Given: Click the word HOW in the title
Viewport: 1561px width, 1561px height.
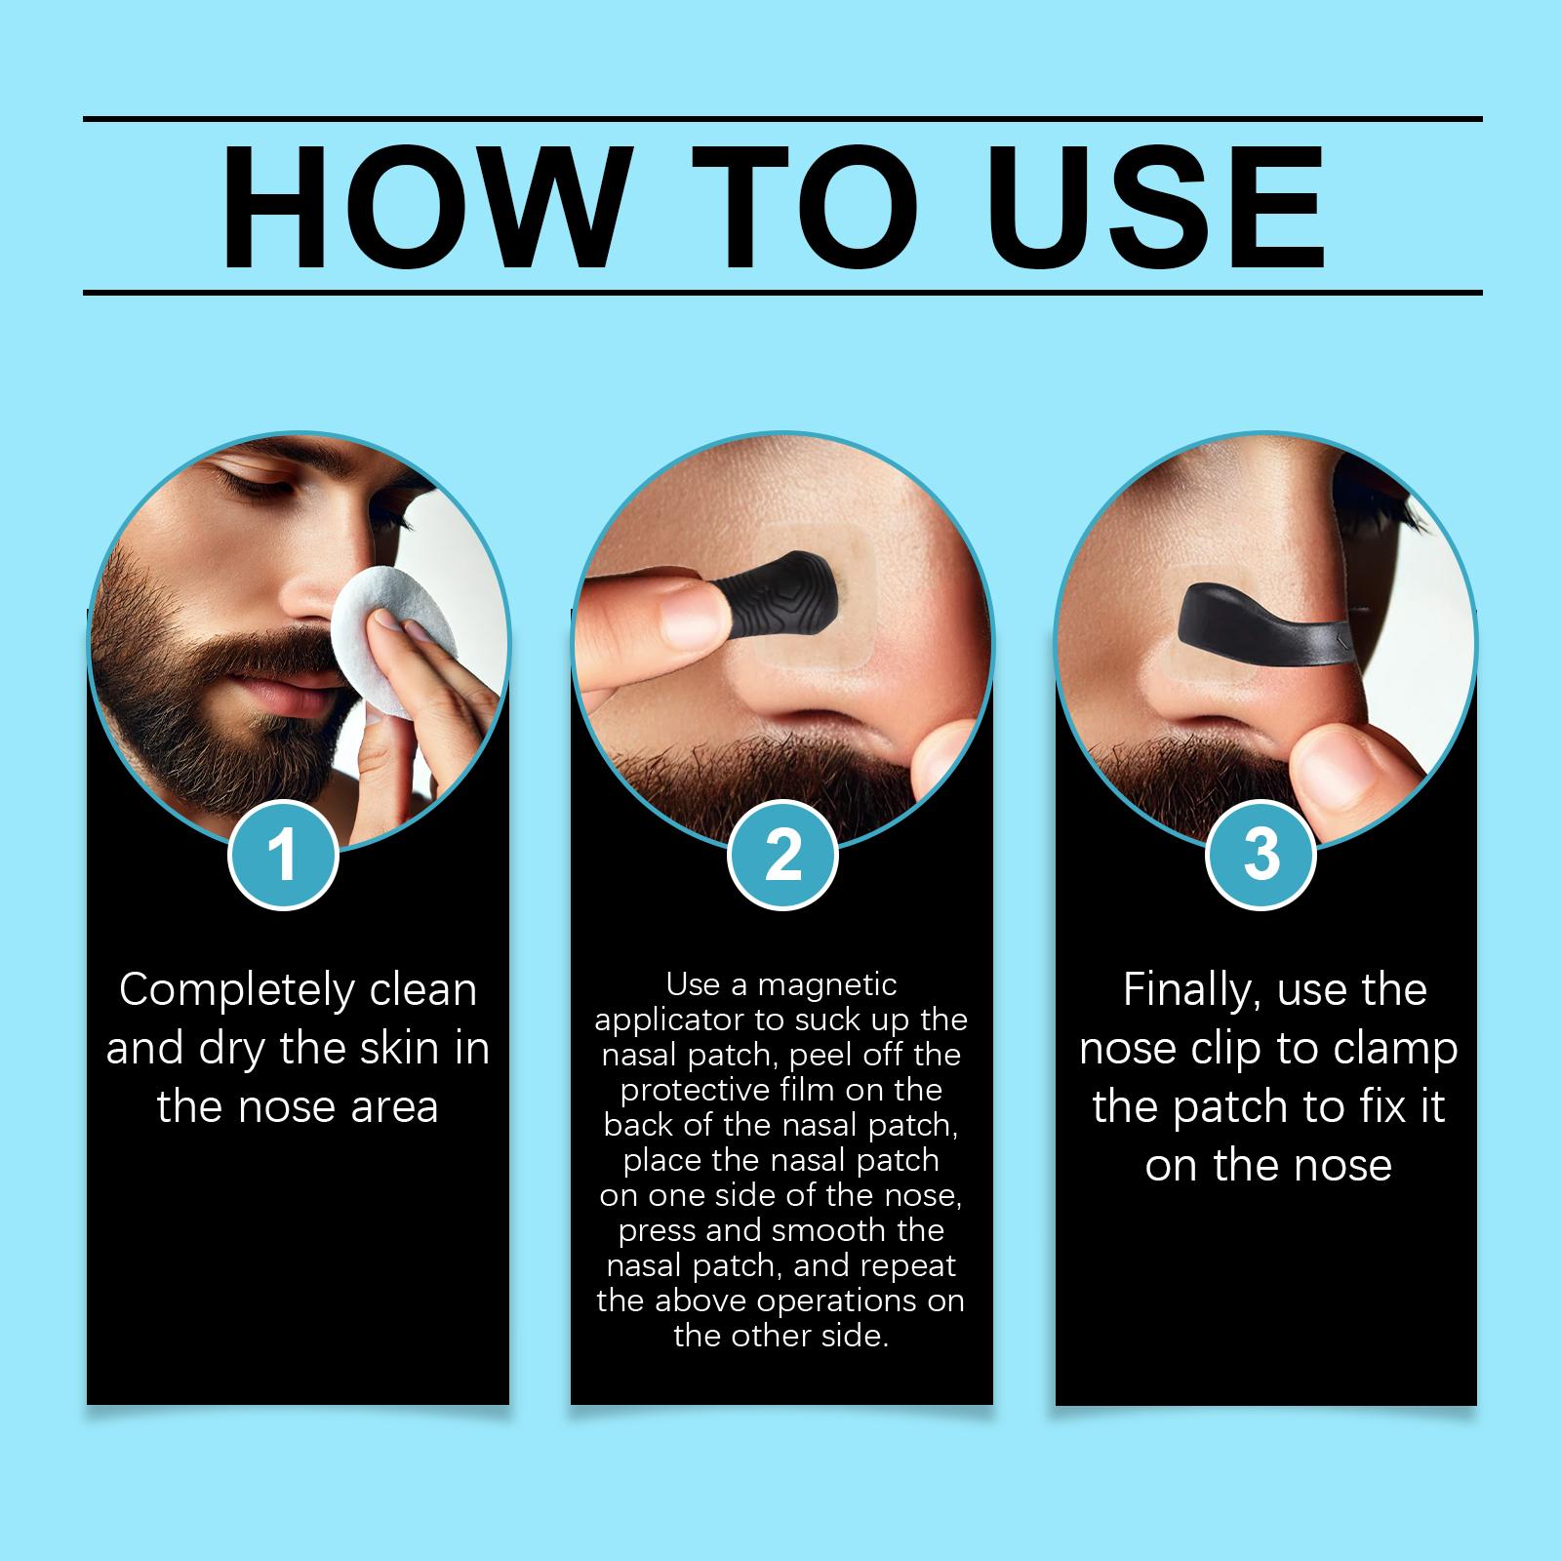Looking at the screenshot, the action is pyautogui.click(x=420, y=207).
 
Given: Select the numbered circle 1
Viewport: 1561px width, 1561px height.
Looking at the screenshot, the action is pyautogui.click(x=283, y=854).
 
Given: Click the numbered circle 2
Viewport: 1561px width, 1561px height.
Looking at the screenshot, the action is pyautogui.click(x=782, y=854).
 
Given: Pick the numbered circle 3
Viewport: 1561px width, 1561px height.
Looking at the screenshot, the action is pyautogui.click(x=1261, y=854).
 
